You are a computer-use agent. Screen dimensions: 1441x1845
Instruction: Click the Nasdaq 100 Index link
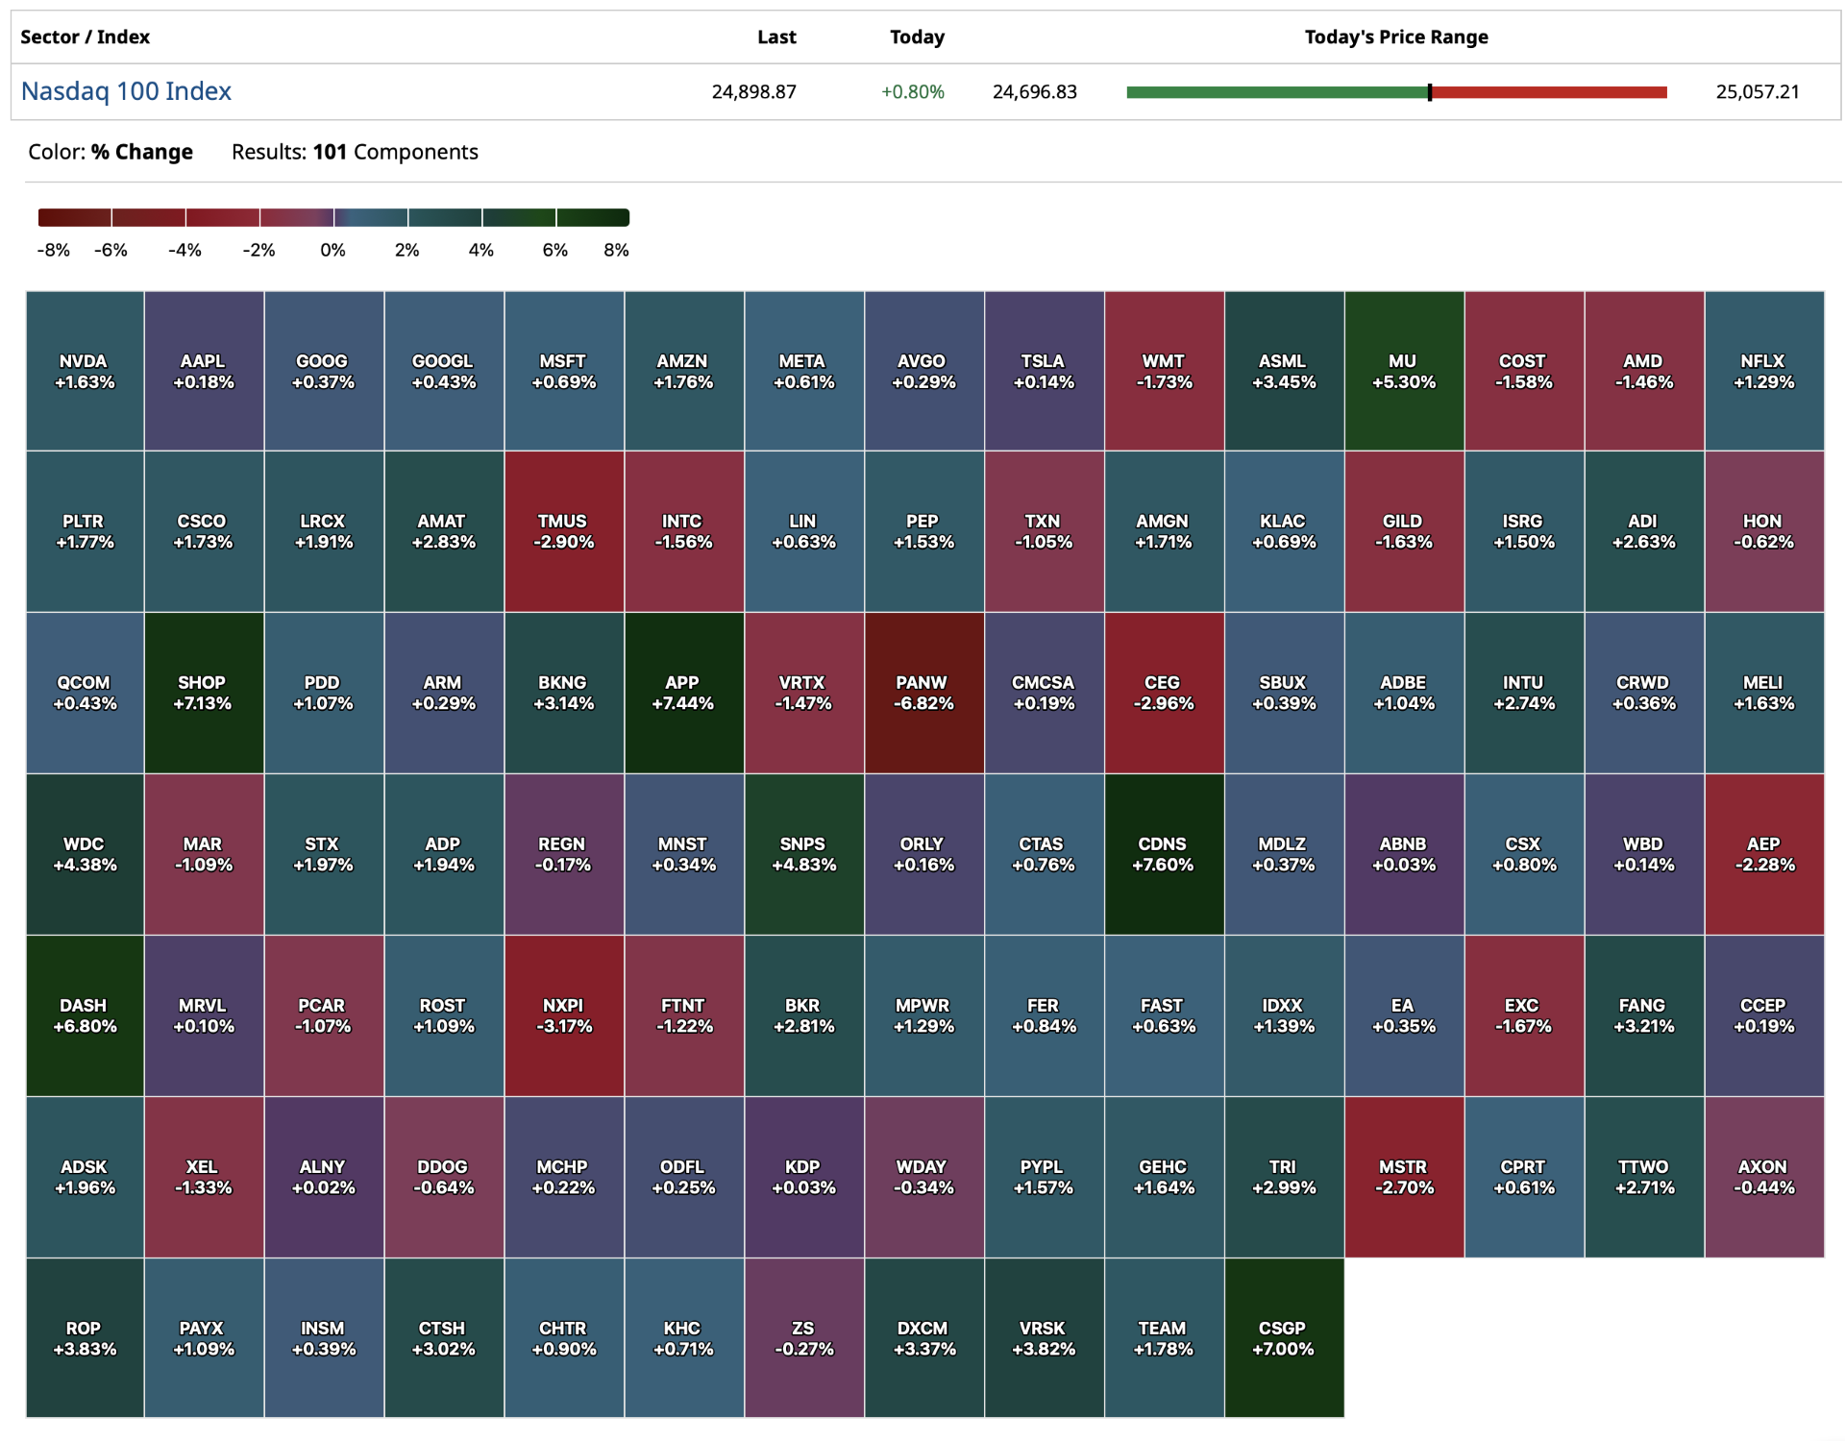click(x=126, y=91)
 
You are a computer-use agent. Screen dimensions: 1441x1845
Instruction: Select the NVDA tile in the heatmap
click(x=85, y=372)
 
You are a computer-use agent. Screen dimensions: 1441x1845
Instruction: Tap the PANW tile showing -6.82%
click(x=923, y=693)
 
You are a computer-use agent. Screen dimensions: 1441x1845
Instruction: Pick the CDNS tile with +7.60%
click(x=1164, y=854)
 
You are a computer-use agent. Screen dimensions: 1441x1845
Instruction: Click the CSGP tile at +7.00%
click(x=1284, y=1338)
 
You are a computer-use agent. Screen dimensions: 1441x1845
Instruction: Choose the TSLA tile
click(x=1044, y=372)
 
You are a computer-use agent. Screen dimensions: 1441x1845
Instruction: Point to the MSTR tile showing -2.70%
click(x=1404, y=1177)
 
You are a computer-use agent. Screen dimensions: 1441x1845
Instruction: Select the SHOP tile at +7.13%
click(x=203, y=693)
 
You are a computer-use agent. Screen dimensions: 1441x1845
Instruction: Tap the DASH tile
click(x=85, y=1015)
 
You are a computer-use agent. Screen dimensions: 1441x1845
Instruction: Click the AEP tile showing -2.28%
click(x=1764, y=854)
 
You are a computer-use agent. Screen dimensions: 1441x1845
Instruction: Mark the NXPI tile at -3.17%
click(x=564, y=1015)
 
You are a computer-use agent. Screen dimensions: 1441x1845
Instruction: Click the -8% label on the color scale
click(x=53, y=250)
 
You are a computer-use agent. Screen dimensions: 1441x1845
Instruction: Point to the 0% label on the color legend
click(x=332, y=250)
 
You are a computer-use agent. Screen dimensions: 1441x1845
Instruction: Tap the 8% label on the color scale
click(x=616, y=250)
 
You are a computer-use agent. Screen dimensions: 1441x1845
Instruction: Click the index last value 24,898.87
click(x=753, y=92)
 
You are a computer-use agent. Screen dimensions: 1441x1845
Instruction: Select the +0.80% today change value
click(x=912, y=92)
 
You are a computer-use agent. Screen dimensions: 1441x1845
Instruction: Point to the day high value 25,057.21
click(x=1757, y=92)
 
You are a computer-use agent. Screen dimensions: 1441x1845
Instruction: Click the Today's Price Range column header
click(x=1395, y=37)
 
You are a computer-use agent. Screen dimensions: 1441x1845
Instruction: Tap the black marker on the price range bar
click(x=1430, y=92)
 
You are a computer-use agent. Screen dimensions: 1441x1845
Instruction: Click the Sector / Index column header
click(x=85, y=37)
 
